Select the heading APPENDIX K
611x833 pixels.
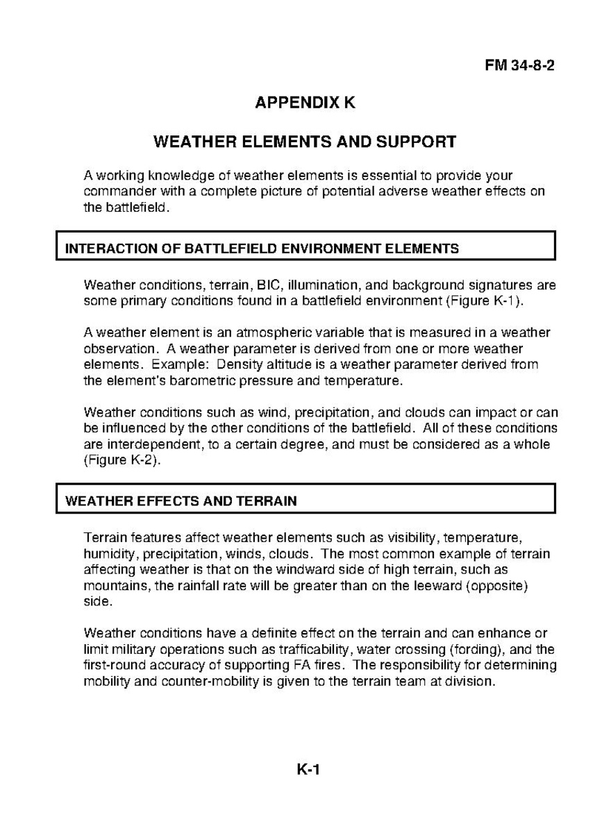pyautogui.click(x=305, y=103)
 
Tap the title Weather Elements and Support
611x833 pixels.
pyautogui.click(x=305, y=142)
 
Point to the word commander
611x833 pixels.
pyautogui.click(x=114, y=192)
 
